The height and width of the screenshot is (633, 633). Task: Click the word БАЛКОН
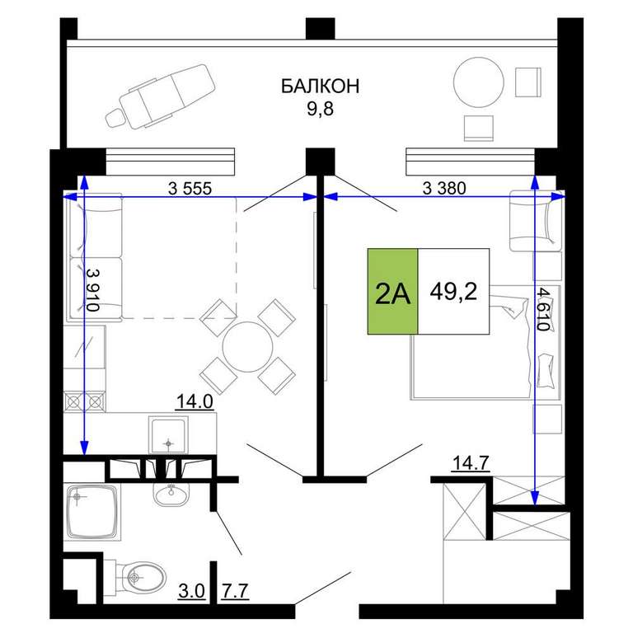tap(320, 87)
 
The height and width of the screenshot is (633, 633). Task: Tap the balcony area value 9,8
tap(320, 109)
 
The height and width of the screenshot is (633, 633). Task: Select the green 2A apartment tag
tap(392, 292)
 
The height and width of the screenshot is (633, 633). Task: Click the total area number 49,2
tap(453, 291)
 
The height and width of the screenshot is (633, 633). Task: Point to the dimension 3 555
tap(190, 188)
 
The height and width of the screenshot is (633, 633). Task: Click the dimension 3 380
tap(444, 188)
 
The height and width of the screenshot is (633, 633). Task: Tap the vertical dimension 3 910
tap(93, 290)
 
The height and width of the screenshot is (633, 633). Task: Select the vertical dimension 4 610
tap(543, 309)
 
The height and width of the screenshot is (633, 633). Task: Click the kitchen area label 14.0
tap(195, 402)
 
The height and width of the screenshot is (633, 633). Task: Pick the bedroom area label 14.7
tap(471, 463)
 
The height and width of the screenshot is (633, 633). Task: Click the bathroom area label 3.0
tap(192, 592)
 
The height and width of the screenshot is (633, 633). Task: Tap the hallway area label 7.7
tap(235, 592)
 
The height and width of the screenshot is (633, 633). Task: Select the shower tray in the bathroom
tap(92, 513)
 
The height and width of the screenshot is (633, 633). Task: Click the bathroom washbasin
tap(171, 494)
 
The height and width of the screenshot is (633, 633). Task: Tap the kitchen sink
tap(168, 435)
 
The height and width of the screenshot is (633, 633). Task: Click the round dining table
tap(247, 346)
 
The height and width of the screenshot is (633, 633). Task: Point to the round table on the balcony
tap(478, 82)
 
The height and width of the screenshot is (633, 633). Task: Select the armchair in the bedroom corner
tap(535, 220)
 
